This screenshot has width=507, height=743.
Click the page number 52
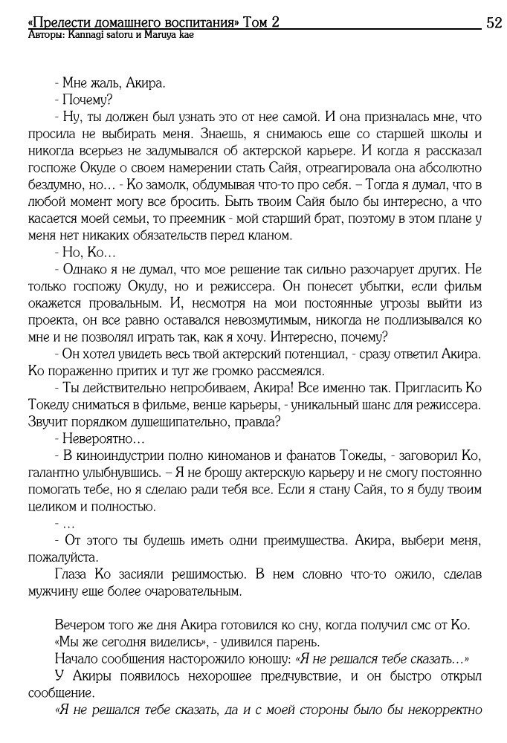[x=493, y=22]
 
